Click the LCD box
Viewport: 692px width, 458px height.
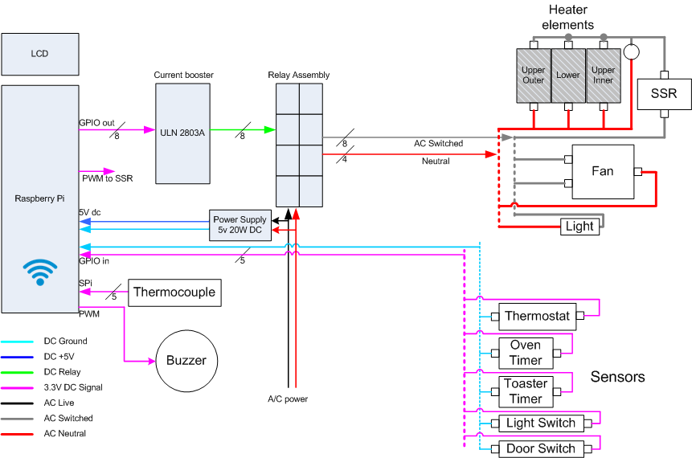point(39,54)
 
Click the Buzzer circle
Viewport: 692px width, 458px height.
point(185,361)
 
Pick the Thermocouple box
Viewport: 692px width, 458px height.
point(174,292)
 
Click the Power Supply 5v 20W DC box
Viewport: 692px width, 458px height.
point(240,225)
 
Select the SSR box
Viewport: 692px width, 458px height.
point(663,94)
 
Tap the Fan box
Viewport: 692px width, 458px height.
point(602,171)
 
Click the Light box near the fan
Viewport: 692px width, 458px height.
point(579,227)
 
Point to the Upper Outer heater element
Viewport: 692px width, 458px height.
point(534,75)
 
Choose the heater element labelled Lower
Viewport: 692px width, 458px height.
point(568,75)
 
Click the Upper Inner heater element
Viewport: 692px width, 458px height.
point(603,75)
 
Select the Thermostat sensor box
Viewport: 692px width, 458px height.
point(537,316)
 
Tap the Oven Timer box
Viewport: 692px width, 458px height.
point(526,353)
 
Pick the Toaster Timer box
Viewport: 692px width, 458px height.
point(526,391)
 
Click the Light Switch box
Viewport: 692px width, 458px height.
point(540,423)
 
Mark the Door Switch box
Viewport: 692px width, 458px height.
point(540,448)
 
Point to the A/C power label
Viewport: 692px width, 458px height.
point(288,399)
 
